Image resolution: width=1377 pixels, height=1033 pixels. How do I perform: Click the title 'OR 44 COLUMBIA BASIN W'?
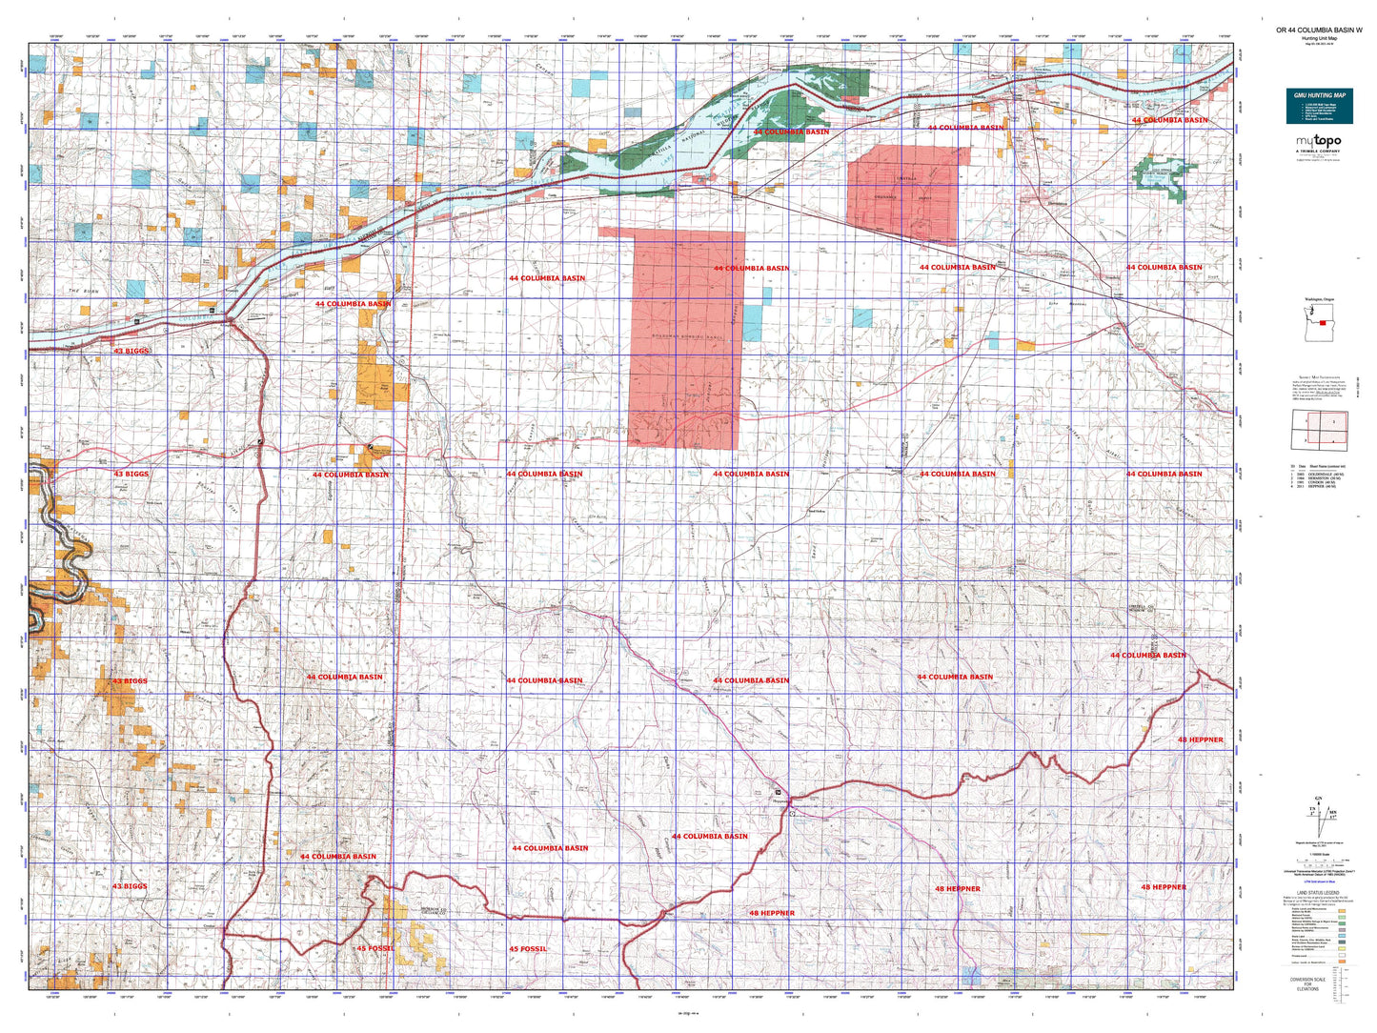[x=1319, y=30]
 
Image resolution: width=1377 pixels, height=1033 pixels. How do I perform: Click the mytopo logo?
[x=1318, y=142]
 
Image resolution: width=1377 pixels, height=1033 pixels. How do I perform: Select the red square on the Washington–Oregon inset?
[x=1323, y=323]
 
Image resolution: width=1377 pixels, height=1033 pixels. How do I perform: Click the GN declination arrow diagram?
[x=1318, y=817]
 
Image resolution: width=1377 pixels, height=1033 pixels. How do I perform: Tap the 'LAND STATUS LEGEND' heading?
[x=1318, y=893]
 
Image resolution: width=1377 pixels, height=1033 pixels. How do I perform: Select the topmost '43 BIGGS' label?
[x=131, y=352]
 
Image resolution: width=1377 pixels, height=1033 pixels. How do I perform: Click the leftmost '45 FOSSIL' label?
[x=375, y=949]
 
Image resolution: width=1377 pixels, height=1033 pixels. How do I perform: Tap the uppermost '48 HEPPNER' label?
[x=1200, y=740]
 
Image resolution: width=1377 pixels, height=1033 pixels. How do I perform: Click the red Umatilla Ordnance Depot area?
[x=901, y=195]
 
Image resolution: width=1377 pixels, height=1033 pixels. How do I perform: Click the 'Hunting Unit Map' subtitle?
[x=1319, y=38]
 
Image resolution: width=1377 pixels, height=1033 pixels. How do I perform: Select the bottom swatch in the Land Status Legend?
[x=1342, y=962]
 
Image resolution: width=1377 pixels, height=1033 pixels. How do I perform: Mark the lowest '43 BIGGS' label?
[x=131, y=887]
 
